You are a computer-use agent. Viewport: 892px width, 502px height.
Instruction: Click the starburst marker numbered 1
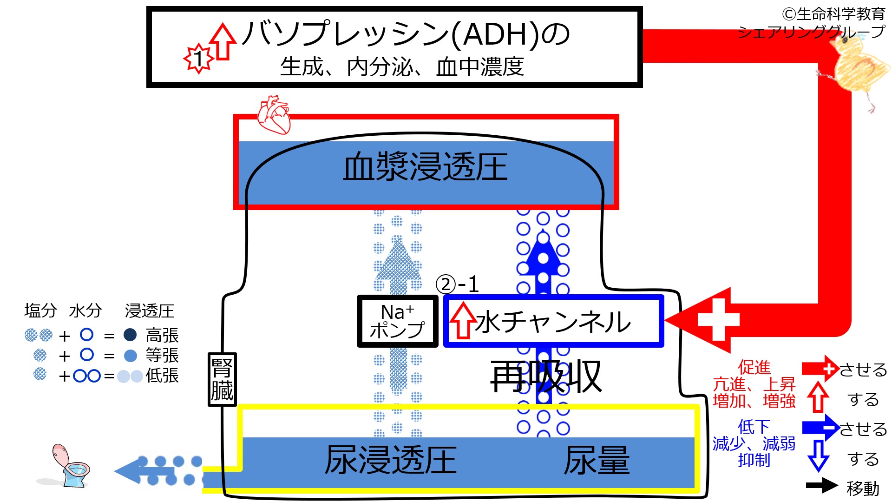click(199, 59)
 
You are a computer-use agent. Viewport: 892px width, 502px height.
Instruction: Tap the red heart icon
click(274, 114)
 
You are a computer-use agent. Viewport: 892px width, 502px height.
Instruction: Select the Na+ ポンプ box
click(397, 321)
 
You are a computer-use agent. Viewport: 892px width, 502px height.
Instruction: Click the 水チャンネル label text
click(553, 322)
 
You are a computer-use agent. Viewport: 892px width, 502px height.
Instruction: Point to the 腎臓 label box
click(222, 379)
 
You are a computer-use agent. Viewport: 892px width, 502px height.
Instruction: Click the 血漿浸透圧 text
click(425, 167)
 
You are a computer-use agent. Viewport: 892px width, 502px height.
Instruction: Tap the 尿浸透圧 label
click(390, 460)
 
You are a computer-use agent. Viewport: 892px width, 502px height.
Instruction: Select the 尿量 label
click(597, 460)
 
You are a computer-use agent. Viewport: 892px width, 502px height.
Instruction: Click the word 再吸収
click(546, 376)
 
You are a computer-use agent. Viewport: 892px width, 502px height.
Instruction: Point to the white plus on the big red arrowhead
click(718, 319)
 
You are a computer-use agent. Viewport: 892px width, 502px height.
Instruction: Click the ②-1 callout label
click(457, 284)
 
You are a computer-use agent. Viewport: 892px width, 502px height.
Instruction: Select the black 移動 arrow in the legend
click(822, 486)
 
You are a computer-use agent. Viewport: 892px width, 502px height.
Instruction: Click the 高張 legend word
click(162, 335)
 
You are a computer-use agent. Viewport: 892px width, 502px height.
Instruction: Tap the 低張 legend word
click(162, 376)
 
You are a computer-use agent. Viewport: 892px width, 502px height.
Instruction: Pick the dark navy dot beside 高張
click(131, 335)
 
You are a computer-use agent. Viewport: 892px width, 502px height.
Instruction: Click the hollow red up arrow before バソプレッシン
click(223, 41)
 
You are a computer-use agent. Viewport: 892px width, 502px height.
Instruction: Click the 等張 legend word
click(162, 356)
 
